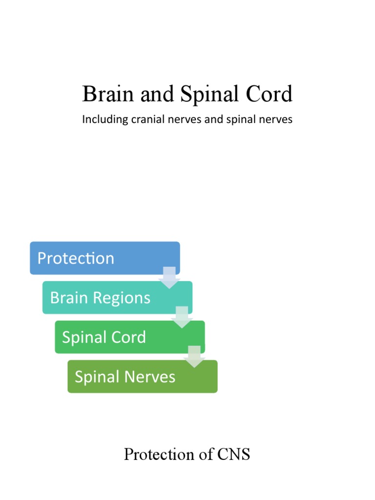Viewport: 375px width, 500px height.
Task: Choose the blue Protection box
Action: tap(104, 258)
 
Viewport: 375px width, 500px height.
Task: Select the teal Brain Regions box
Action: tap(117, 297)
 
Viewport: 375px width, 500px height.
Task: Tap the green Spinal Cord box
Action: tap(129, 337)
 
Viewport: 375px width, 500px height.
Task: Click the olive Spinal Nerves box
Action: tap(142, 376)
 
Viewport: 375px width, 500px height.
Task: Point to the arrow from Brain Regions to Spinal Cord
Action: tap(182, 317)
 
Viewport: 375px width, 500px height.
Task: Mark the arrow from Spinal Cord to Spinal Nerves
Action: tap(194, 356)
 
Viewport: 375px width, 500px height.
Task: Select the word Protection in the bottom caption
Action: tap(158, 455)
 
